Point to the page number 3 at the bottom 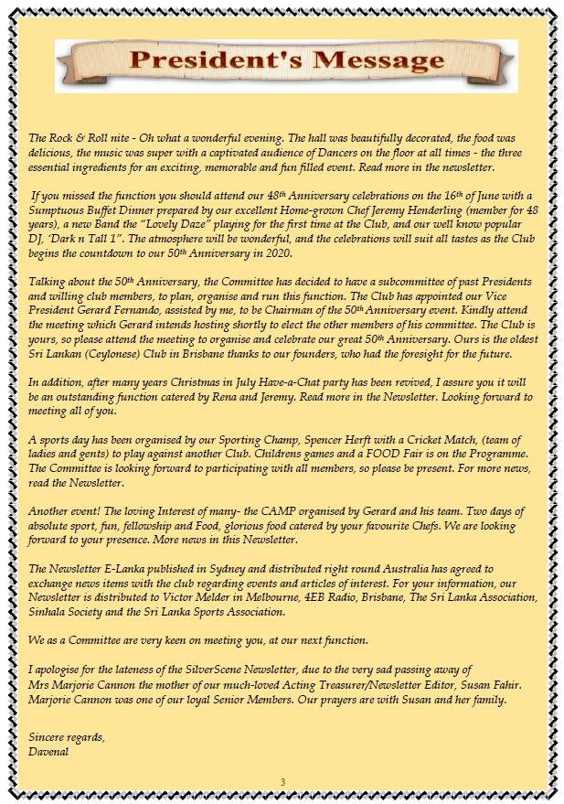(x=282, y=781)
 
